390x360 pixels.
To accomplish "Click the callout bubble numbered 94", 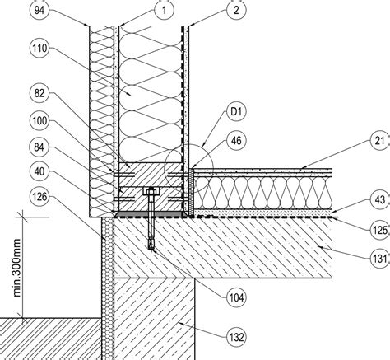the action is (x=39, y=11).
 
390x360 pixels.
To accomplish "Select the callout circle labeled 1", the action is (x=164, y=11).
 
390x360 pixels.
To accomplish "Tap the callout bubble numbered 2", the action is (x=236, y=11).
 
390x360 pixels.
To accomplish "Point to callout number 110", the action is (x=39, y=49).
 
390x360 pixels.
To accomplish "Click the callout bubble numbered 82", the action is (x=39, y=93).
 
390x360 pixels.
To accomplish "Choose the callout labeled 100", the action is (x=39, y=121).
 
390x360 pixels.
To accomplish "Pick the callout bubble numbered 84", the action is (x=39, y=147).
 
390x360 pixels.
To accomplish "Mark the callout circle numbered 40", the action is (x=39, y=171).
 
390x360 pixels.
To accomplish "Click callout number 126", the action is (x=39, y=197).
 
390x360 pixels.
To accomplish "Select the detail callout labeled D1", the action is (x=236, y=112).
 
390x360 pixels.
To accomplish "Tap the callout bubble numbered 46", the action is (x=236, y=140).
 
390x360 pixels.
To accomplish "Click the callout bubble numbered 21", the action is (x=380, y=141).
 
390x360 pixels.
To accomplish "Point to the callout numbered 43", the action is (x=380, y=200).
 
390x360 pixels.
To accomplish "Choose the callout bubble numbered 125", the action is (x=380, y=230).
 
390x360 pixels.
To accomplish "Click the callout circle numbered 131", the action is (x=380, y=259).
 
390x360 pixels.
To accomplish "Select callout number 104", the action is (x=236, y=297).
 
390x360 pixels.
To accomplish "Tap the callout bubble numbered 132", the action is (x=236, y=337).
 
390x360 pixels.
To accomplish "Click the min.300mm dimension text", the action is (x=17, y=268).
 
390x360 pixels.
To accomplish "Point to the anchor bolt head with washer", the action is (x=151, y=191).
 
